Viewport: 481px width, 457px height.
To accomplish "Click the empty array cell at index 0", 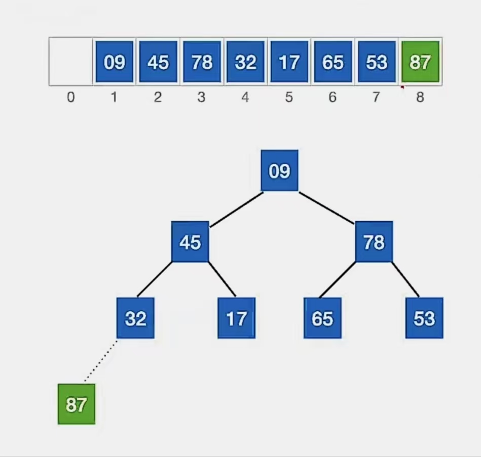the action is point(71,62).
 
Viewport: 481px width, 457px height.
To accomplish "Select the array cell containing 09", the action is point(114,62).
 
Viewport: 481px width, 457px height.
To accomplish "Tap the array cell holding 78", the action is point(202,62).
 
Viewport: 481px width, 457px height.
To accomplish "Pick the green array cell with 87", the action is point(420,62).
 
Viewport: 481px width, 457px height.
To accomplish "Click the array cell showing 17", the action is point(289,62).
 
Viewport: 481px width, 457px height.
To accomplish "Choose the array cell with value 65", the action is point(332,62).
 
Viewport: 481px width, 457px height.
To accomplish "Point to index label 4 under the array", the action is point(245,97).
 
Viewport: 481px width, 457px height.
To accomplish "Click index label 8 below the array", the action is point(420,97).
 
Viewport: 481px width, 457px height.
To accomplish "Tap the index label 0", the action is point(71,97).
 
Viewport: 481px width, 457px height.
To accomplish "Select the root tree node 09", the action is point(279,171).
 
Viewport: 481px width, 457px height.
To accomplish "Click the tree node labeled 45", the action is point(190,242).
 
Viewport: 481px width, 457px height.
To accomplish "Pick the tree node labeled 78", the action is point(374,242).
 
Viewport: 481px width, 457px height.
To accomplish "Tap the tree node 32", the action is point(135,318).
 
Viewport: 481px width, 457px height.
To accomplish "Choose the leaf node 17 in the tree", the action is point(236,318).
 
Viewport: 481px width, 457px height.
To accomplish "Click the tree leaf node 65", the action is point(322,318).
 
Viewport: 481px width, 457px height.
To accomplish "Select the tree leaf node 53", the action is point(424,318).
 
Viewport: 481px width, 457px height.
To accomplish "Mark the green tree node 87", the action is point(76,404).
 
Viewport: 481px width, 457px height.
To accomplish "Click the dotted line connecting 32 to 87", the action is point(100,361).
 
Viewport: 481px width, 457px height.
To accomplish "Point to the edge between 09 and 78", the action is point(326,207).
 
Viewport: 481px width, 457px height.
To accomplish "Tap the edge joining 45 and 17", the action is point(223,279).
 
